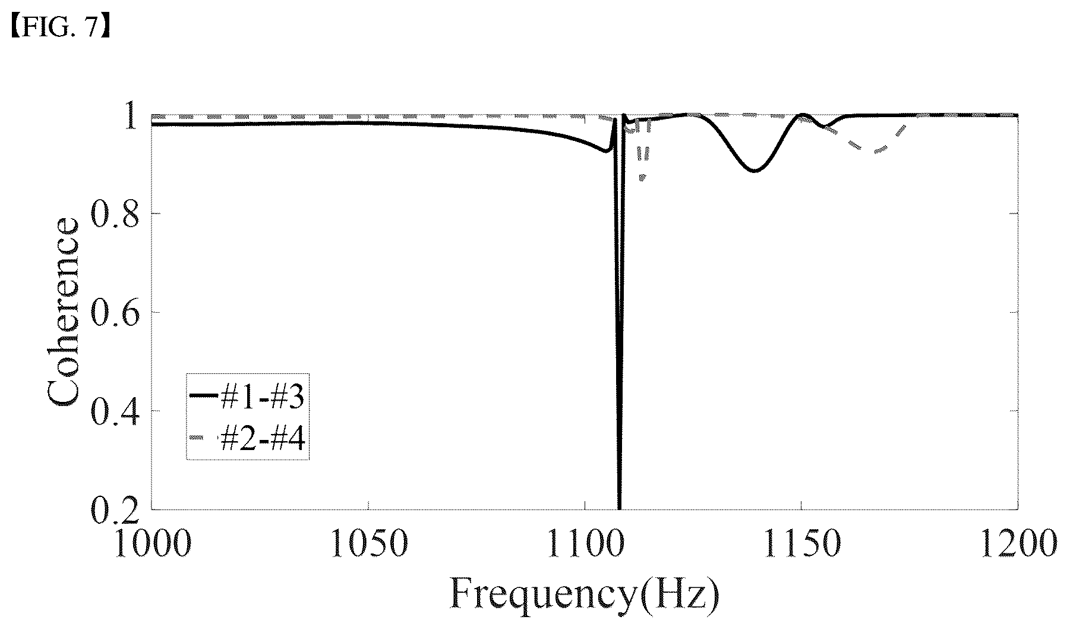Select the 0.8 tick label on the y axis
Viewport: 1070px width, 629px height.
click(x=115, y=215)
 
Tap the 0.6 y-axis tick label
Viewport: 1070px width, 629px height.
click(x=115, y=313)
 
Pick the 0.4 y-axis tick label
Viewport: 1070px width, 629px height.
click(x=115, y=412)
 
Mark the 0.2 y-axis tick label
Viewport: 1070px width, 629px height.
click(x=115, y=510)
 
